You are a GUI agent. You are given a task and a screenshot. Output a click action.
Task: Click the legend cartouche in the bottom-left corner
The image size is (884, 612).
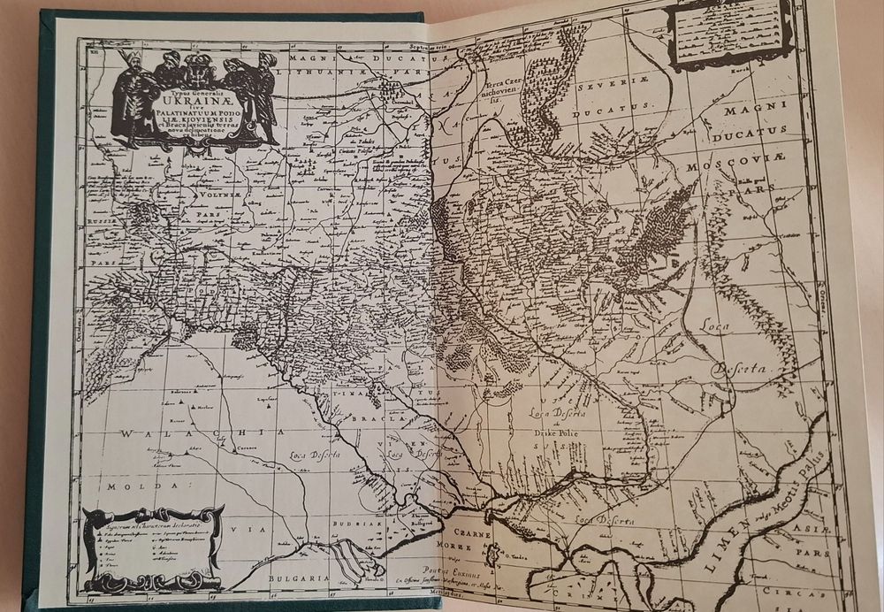pos(151,548)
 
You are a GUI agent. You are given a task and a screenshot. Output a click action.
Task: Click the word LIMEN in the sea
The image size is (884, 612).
pos(722,542)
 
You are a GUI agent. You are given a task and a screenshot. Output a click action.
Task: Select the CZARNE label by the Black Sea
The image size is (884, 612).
pos(472,535)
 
